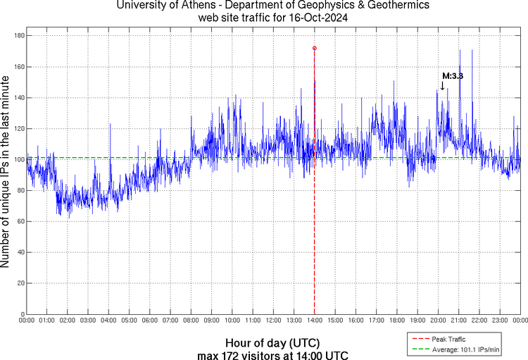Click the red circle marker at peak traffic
[314, 48]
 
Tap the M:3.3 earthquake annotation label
[452, 75]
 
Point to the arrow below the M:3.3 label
[442, 85]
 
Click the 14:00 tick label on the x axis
[314, 321]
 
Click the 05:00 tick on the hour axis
[130, 321]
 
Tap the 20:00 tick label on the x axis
[438, 321]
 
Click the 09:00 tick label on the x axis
[211, 321]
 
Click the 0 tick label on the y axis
[22, 314]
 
